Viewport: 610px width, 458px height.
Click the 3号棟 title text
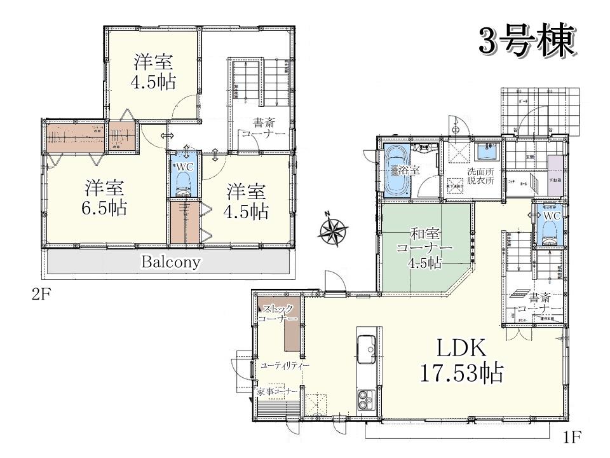pyautogui.click(x=527, y=41)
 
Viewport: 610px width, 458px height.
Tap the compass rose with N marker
pyautogui.click(x=332, y=230)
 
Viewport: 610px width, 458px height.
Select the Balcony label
pyautogui.click(x=171, y=261)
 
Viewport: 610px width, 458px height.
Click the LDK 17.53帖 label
pyautogui.click(x=461, y=360)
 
